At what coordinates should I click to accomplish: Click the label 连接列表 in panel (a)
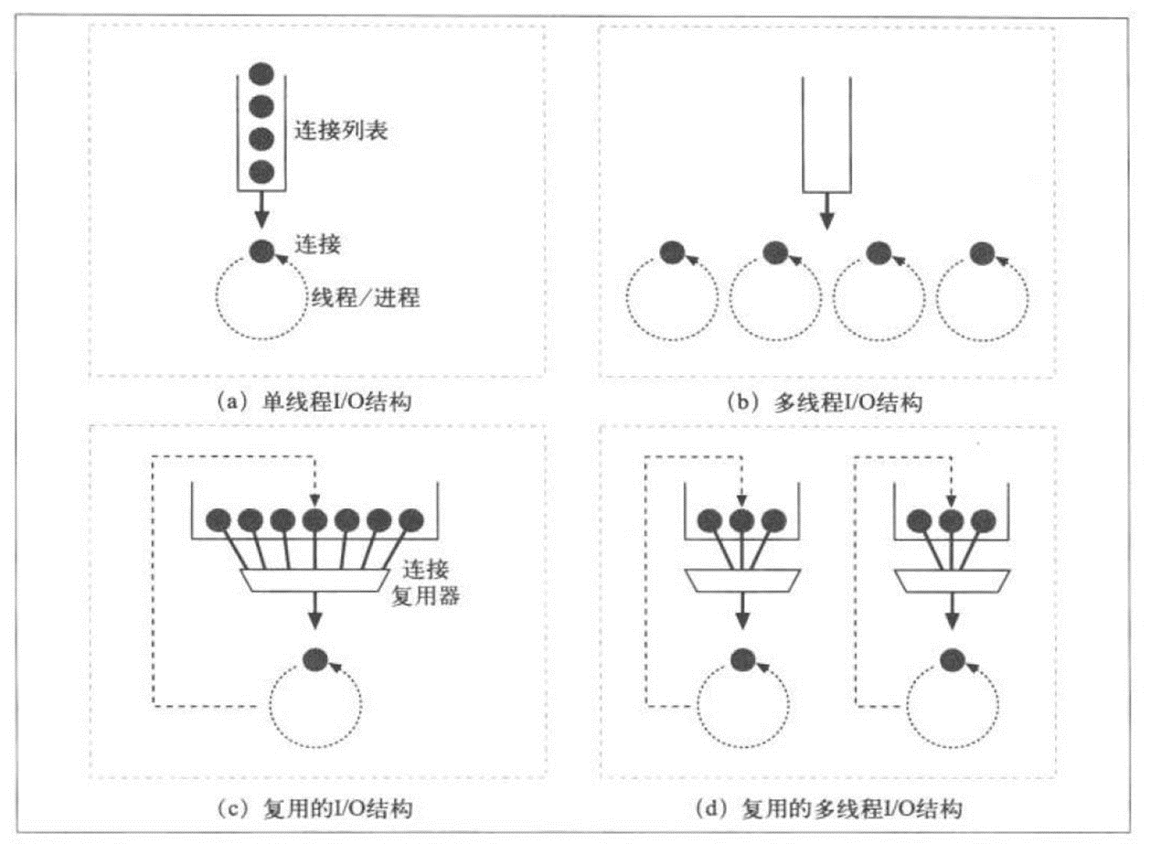click(x=341, y=131)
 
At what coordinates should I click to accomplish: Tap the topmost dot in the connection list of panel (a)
click(x=261, y=73)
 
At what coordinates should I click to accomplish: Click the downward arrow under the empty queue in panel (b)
click(x=826, y=212)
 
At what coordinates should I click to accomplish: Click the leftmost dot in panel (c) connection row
click(x=218, y=520)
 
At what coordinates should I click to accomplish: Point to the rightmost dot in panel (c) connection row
click(x=412, y=520)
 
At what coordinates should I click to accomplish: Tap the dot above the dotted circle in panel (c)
click(x=314, y=657)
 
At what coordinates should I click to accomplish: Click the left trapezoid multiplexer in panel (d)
click(x=742, y=579)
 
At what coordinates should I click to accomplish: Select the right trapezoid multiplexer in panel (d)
click(x=952, y=579)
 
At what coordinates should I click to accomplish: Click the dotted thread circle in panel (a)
click(x=261, y=300)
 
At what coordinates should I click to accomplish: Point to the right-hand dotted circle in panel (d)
click(x=952, y=707)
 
